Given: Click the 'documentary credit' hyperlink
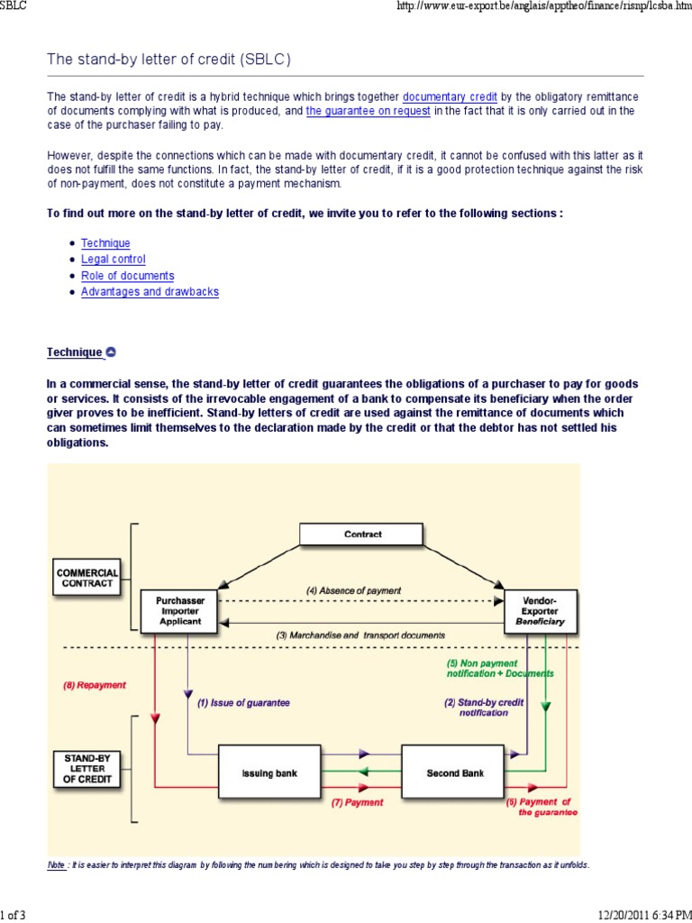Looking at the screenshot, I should tap(450, 96).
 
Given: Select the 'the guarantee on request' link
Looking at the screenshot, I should tap(369, 111).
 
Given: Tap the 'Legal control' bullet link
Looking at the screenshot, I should tap(113, 260).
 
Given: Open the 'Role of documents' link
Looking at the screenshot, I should tap(127, 276).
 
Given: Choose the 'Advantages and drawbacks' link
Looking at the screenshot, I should tap(150, 292).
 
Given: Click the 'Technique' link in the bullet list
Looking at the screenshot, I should tap(105, 243).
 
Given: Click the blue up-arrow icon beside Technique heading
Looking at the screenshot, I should tap(111, 352).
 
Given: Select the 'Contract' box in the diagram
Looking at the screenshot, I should tap(362, 535).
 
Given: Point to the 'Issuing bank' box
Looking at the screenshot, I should tap(269, 773).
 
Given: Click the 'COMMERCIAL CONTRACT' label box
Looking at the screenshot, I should tap(86, 578).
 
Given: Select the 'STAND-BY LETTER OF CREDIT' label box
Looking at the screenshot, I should tap(86, 769).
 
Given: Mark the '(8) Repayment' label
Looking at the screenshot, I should tap(94, 685).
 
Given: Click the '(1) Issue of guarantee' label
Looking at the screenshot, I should tap(243, 703).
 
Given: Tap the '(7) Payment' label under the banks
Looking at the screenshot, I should tap(357, 802).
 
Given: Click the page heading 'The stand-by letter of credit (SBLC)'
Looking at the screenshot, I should tap(169, 59).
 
